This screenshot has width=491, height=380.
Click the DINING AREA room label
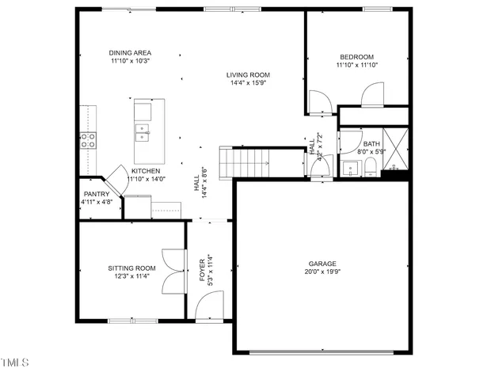pos(131,53)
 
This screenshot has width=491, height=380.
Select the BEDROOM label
pos(357,57)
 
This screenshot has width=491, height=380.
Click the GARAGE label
pos(322,264)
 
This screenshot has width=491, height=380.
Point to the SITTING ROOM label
pos(132,268)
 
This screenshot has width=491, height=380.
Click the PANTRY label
pos(97,194)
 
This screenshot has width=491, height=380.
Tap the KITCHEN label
pos(146,171)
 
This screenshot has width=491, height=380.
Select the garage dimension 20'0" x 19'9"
pos(322,272)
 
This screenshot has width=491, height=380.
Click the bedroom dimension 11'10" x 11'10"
pos(357,66)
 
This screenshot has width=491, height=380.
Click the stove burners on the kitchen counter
pos(88,140)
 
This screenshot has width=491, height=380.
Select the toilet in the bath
pos(370,166)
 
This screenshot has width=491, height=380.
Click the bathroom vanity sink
pos(349,168)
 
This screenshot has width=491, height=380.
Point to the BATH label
pos(371,143)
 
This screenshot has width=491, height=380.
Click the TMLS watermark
pos(15,363)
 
